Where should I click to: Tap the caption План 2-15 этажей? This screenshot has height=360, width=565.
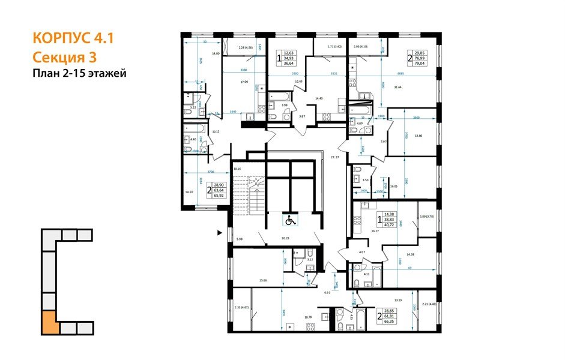pos(79,73)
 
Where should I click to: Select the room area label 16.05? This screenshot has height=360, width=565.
pos(394,186)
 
